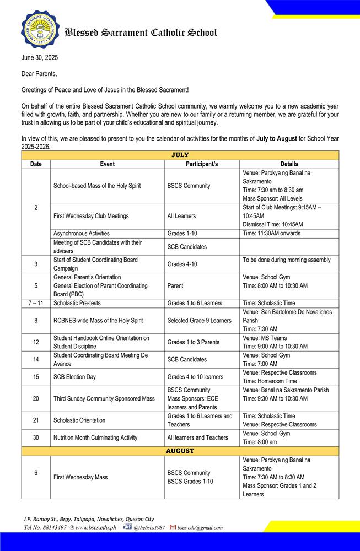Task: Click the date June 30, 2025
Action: tap(40, 58)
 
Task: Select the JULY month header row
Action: tap(180, 155)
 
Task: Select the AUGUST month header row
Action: tap(180, 451)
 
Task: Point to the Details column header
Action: tap(289, 164)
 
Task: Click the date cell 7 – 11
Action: tap(36, 303)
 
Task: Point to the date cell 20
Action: tap(36, 398)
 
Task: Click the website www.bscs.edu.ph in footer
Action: tap(95, 527)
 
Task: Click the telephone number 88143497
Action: tap(53, 527)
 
